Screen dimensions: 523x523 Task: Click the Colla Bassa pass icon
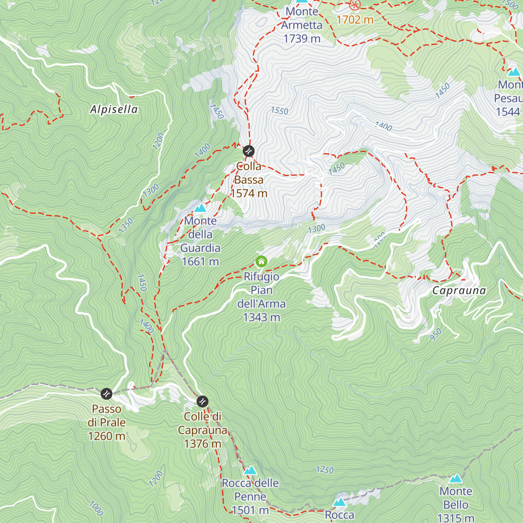point(248,151)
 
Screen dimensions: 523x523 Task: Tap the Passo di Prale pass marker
point(106,394)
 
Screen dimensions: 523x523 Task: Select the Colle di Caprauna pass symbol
point(202,401)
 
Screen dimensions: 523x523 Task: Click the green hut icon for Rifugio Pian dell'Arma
point(261,261)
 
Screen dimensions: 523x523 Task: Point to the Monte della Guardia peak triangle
point(200,208)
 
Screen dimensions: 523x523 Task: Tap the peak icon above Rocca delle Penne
point(250,470)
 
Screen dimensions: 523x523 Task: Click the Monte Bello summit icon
point(456,479)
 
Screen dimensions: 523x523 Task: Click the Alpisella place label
point(114,109)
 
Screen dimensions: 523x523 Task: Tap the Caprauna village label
point(459,291)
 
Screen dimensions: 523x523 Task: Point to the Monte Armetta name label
point(302,18)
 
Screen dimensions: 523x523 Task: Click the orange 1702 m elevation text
point(355,20)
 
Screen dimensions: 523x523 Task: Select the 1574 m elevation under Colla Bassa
point(249,194)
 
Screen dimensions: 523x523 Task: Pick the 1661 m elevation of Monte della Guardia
point(200,261)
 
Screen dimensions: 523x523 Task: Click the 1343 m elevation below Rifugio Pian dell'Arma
point(261,317)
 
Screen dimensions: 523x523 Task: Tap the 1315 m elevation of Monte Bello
point(456,518)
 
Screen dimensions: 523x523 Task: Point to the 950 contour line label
point(435,334)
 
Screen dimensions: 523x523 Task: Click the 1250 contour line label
point(325,469)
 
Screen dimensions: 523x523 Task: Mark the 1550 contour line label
point(279,111)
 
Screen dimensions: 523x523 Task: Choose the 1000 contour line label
point(96,508)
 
